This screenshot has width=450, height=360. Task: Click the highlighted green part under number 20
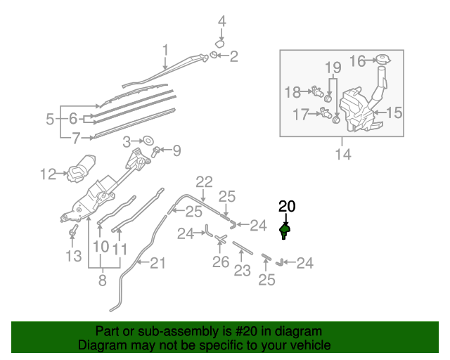point(285,229)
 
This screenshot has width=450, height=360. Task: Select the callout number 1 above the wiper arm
point(166,50)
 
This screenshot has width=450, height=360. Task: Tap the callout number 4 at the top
point(221,21)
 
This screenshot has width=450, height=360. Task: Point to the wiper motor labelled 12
point(83,167)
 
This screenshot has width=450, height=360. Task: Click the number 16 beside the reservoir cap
point(358,61)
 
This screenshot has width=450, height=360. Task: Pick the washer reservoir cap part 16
point(382,60)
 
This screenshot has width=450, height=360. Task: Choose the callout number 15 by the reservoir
point(394,112)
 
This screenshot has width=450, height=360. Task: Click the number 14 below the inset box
point(342,154)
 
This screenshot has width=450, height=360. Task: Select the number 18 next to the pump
point(292,91)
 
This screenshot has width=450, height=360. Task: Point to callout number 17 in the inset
point(301,112)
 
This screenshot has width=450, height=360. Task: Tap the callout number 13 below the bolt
point(74,256)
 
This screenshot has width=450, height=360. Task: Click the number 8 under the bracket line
point(103,281)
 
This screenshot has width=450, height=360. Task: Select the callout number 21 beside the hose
point(159,263)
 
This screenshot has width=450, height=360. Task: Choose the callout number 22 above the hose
point(204,181)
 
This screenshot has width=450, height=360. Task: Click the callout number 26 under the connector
point(221,263)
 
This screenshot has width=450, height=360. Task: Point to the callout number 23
point(242,270)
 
